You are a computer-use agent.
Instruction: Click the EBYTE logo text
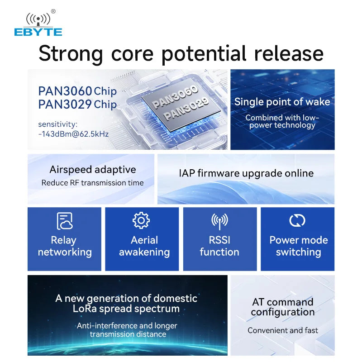38,32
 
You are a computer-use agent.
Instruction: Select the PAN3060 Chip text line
77,91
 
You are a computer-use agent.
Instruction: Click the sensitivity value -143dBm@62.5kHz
73,134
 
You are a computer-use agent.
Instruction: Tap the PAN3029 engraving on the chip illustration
186,110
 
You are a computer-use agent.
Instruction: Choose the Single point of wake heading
282,102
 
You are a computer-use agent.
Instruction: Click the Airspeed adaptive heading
93,170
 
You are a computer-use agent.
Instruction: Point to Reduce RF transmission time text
92,183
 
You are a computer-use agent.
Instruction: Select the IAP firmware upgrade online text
246,173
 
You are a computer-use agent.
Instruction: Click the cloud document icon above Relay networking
65,221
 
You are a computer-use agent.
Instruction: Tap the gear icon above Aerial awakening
141,220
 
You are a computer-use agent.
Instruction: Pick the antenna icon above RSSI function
219,221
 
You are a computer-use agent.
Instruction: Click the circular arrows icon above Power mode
297,221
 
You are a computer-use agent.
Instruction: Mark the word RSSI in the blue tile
219,240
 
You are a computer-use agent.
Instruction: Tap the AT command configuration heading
282,307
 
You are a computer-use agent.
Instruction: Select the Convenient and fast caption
282,330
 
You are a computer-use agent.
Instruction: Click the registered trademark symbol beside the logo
53,11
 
